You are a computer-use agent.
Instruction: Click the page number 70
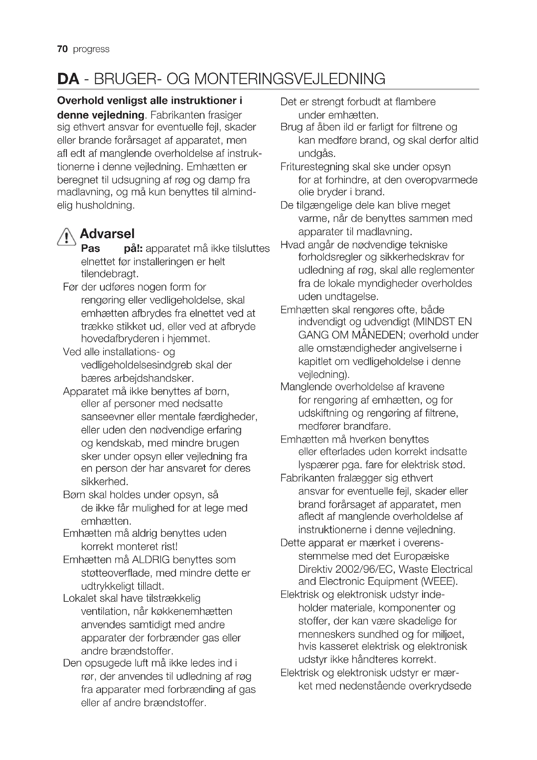point(62,49)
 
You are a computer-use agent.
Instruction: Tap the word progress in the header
point(91,49)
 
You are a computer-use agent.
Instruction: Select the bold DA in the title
point(68,79)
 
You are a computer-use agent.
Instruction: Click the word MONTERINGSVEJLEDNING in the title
point(289,79)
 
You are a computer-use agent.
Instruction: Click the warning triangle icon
point(67,237)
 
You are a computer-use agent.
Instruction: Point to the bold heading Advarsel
point(107,234)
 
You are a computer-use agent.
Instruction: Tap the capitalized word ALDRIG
point(150,560)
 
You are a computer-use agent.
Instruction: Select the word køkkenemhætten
point(192,611)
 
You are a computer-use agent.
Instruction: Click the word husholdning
point(105,205)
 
